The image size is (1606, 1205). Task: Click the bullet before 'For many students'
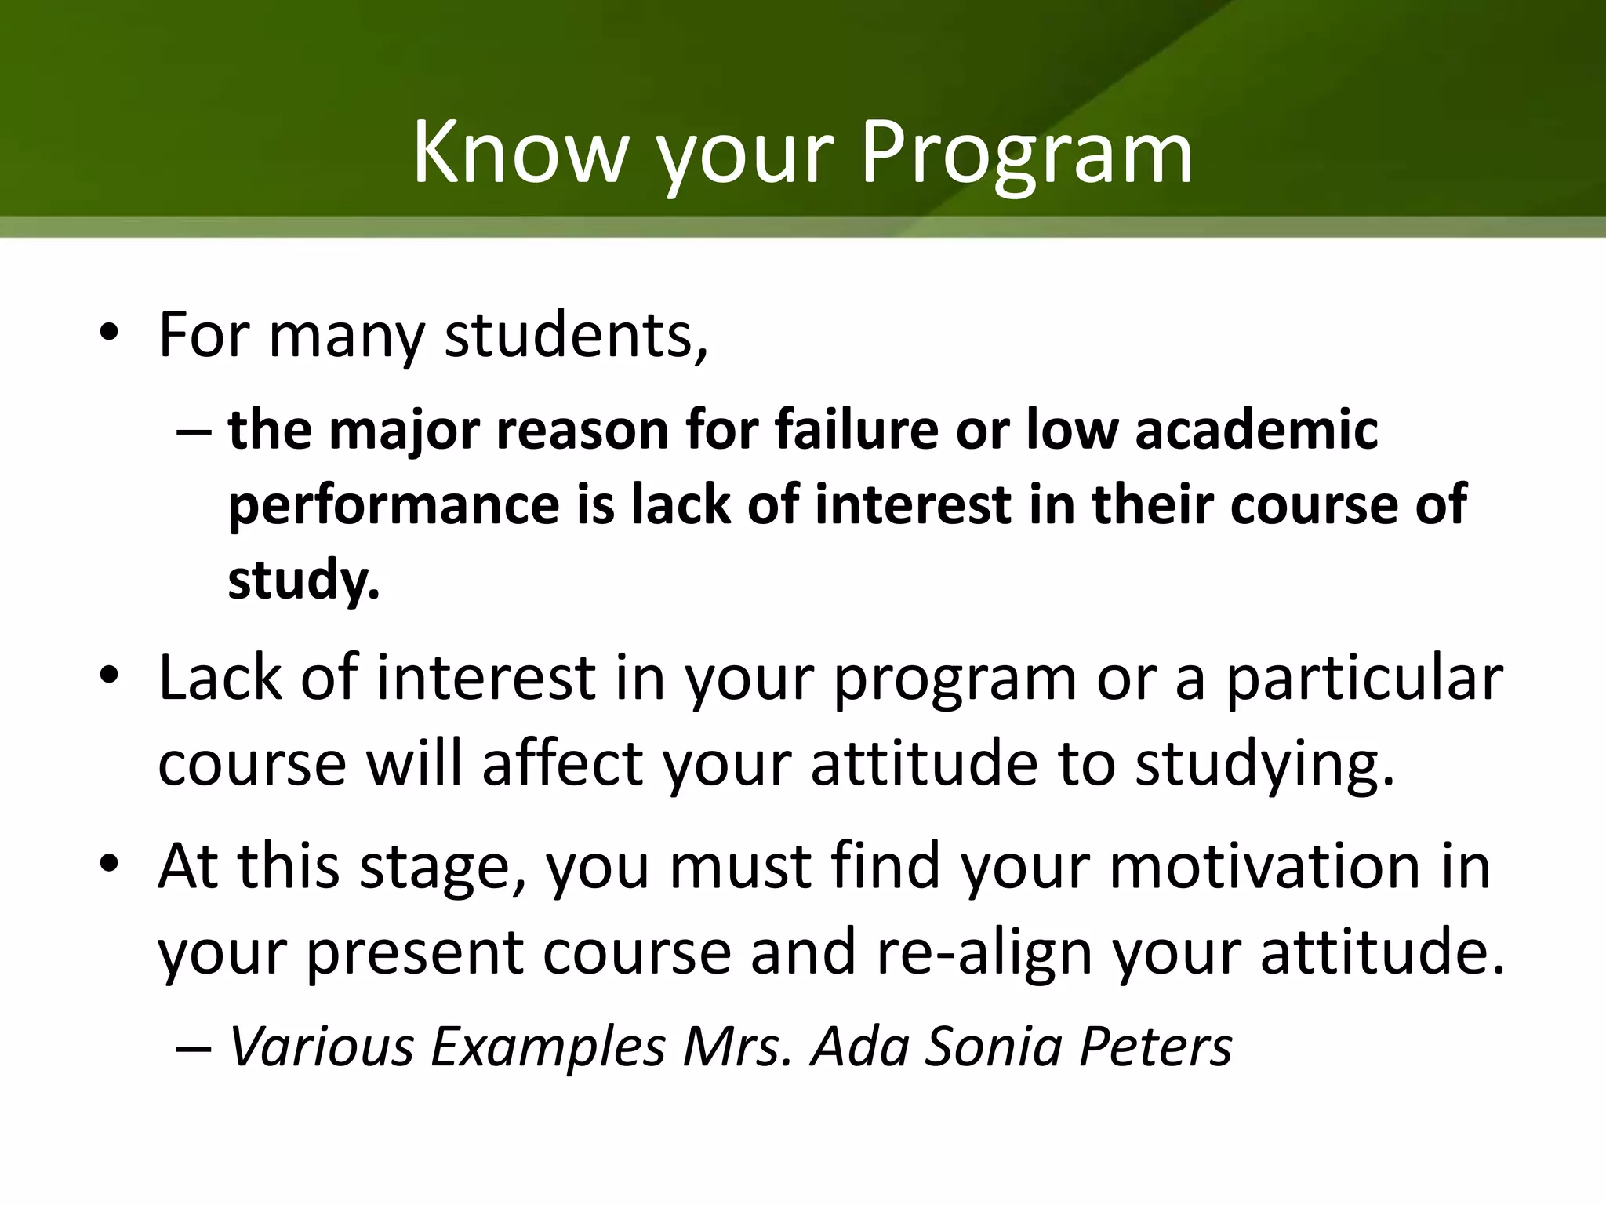click(109, 336)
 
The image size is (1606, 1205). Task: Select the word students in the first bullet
click(576, 336)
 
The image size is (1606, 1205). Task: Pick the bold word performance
click(394, 504)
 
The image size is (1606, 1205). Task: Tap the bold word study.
click(303, 579)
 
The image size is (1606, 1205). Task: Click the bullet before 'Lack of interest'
click(109, 678)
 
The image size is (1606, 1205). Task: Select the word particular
click(1364, 678)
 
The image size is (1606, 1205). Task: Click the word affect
click(562, 764)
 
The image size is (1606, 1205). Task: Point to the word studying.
click(1265, 764)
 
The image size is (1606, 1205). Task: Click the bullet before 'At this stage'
click(109, 866)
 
